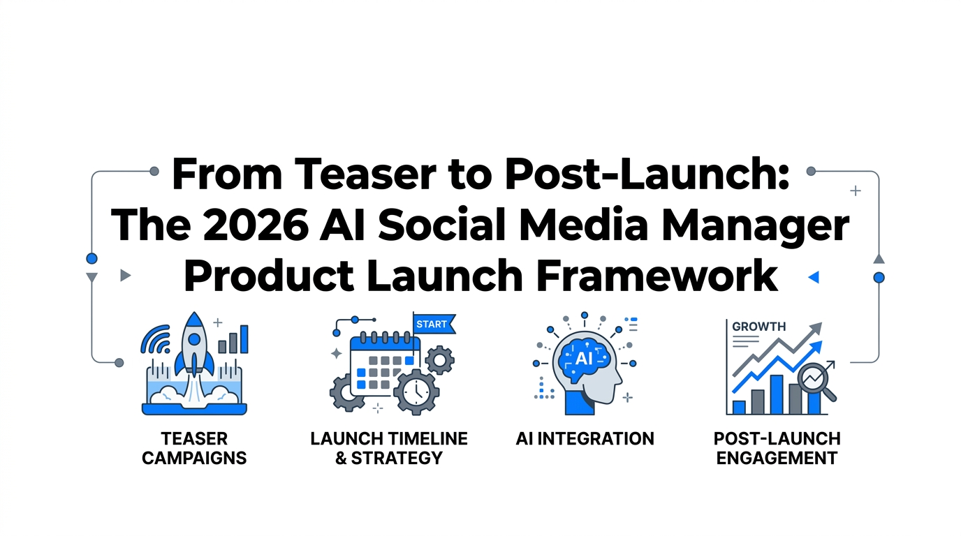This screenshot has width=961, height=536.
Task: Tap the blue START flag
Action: tap(432, 324)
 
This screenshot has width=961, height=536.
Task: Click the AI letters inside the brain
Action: tap(583, 358)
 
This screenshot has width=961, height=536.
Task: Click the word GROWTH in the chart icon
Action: tap(759, 326)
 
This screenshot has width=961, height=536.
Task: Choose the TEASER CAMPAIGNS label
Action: tap(194, 448)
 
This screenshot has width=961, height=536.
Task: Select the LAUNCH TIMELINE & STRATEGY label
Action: tap(389, 448)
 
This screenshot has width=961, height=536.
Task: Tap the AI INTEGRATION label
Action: tap(585, 439)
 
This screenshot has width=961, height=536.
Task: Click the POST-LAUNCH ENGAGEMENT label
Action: tap(777, 448)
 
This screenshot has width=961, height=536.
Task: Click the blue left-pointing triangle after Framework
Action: tap(813, 277)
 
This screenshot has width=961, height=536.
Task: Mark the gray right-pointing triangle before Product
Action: tap(125, 275)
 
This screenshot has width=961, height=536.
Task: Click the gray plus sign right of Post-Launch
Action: tap(855, 191)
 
